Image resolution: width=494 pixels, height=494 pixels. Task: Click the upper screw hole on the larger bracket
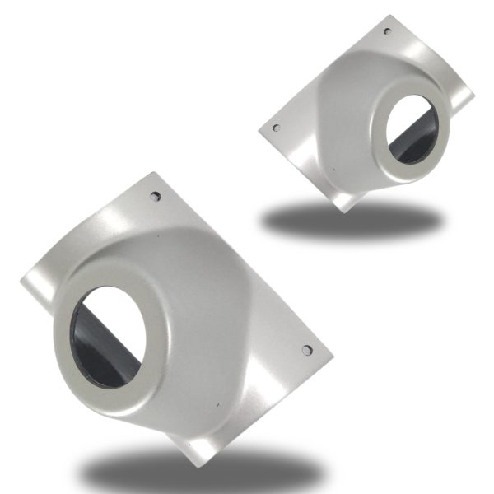[x=156, y=197]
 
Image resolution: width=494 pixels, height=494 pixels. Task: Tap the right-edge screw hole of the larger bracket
[x=307, y=350]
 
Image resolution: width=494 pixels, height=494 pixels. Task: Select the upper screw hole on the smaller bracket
[x=387, y=31]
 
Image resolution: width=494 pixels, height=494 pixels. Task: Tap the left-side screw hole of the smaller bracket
[x=275, y=128]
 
